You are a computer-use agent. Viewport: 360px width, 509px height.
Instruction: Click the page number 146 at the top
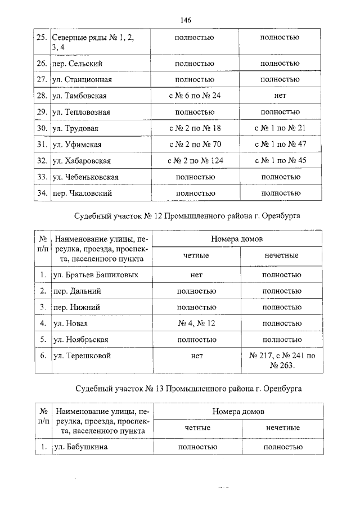[187, 20]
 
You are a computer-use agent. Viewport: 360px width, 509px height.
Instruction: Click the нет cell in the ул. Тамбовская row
[280, 96]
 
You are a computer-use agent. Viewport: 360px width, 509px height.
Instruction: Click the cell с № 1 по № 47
[280, 144]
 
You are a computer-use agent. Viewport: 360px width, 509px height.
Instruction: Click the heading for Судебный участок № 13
[187, 389]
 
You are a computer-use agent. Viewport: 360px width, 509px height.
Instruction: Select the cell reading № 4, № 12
[196, 323]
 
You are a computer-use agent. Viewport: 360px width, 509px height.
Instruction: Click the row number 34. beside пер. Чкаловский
[41, 193]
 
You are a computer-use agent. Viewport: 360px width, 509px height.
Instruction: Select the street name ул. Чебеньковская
[85, 177]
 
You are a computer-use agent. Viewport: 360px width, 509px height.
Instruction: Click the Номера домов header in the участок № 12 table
[237, 239]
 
